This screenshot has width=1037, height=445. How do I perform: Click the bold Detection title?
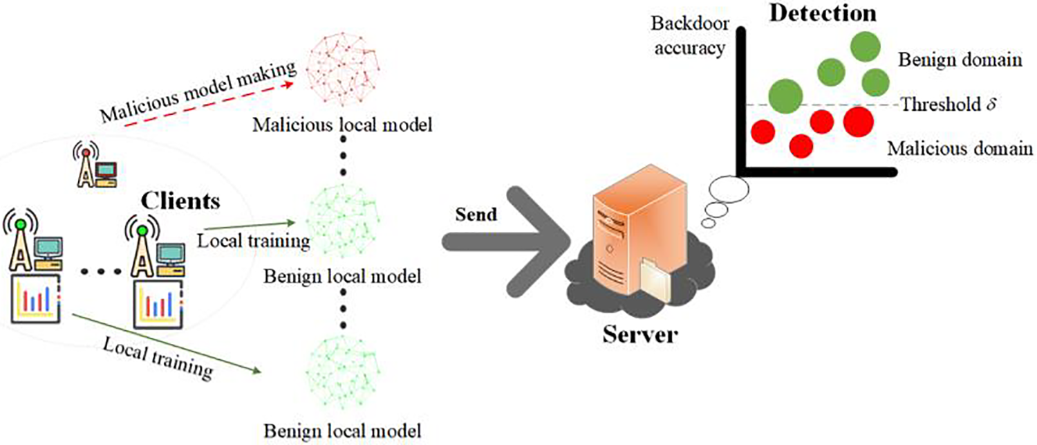click(823, 13)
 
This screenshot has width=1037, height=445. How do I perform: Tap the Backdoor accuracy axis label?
click(690, 36)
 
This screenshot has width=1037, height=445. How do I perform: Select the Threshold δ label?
click(948, 105)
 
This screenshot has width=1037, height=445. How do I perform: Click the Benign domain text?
click(960, 60)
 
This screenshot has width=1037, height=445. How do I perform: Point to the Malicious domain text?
click(960, 148)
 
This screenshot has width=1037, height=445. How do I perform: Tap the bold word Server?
click(640, 334)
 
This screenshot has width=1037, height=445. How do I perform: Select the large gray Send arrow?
click(507, 242)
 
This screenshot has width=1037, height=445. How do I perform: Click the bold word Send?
click(476, 214)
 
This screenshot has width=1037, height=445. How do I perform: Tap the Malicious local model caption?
click(342, 125)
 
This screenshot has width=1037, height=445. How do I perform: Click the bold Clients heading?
click(180, 201)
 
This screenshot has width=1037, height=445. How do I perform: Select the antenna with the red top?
click(86, 165)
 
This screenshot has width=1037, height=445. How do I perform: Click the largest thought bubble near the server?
click(729, 190)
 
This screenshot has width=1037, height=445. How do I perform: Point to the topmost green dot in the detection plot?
click(866, 46)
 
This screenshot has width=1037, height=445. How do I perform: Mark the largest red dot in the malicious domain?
click(859, 121)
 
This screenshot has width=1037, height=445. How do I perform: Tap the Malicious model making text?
click(198, 93)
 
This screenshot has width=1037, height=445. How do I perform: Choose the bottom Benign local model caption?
click(343, 431)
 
